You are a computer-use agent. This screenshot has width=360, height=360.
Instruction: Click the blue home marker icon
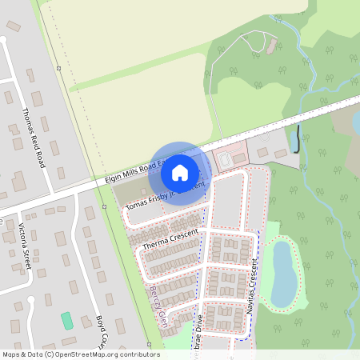tap(180, 172)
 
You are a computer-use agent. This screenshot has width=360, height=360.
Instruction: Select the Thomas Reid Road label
tap(34, 138)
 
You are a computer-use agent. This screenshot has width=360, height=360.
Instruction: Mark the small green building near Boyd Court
tap(66, 320)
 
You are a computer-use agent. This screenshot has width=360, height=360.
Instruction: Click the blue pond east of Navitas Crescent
tap(283, 274)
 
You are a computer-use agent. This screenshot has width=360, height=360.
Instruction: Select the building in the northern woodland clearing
tap(272, 46)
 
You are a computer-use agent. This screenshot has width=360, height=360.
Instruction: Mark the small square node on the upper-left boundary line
tap(58, 69)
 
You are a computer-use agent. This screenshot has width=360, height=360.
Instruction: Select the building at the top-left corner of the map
tap(13, 26)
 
